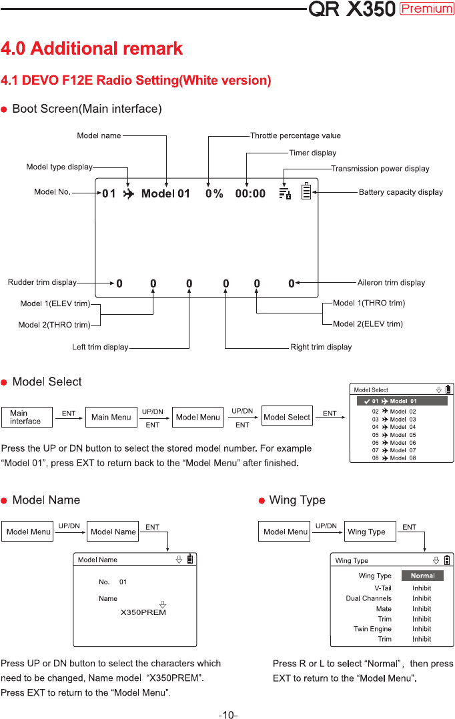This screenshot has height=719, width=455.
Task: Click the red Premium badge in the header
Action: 426,9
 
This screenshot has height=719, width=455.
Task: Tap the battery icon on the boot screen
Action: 306,191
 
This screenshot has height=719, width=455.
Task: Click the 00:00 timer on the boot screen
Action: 250,193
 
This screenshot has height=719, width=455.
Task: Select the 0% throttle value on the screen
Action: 214,193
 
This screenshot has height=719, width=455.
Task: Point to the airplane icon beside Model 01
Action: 128,194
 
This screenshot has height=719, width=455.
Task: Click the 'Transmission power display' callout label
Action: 380,169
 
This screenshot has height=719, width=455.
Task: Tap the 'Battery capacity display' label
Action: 401,192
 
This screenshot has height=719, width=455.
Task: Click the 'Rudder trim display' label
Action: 42,282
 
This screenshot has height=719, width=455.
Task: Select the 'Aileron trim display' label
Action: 391,283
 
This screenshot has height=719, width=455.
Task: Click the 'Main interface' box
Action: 27,418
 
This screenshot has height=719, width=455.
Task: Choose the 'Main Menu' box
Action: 111,418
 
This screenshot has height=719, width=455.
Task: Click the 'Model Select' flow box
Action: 287,416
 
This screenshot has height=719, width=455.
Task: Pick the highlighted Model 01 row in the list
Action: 402,402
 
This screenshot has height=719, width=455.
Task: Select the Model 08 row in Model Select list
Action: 394,458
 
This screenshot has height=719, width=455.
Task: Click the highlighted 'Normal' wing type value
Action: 422,576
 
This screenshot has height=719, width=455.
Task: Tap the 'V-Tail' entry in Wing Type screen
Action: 383,588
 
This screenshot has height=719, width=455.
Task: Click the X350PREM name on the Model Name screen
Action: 143,612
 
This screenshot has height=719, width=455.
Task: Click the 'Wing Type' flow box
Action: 370,532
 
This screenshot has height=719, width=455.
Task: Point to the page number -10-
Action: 228,714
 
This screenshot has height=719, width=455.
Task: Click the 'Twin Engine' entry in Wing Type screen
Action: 372,629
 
